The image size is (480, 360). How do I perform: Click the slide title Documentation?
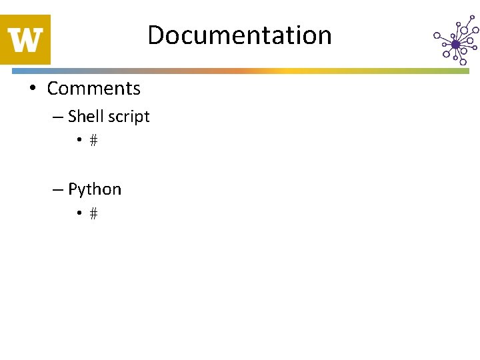(239, 35)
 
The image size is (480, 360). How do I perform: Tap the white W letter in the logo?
(26, 40)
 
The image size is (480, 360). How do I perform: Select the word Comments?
(93, 88)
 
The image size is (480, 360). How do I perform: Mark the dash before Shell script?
(58, 117)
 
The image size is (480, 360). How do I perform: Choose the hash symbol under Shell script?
(93, 141)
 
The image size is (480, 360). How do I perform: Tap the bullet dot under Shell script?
(79, 141)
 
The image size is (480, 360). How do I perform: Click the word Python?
(95, 189)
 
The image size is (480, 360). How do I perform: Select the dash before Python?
(58, 190)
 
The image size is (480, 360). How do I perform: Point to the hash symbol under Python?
(93, 214)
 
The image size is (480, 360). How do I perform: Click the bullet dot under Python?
(79, 214)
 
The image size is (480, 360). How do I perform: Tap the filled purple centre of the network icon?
(456, 45)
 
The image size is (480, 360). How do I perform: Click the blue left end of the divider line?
(5, 70)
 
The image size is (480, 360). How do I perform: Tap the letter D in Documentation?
(155, 35)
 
